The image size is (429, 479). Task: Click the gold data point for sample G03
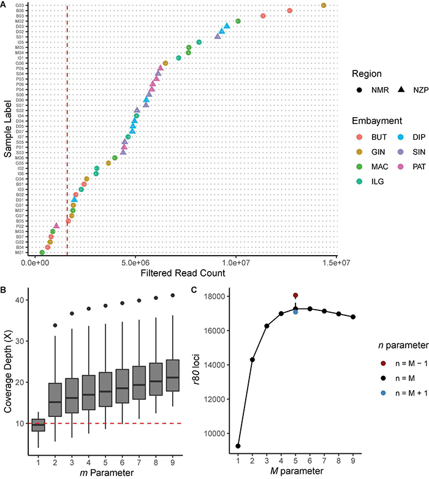[x=324, y=6]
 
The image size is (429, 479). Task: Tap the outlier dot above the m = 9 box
[x=189, y=295]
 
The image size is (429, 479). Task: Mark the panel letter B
[x=5, y=289]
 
